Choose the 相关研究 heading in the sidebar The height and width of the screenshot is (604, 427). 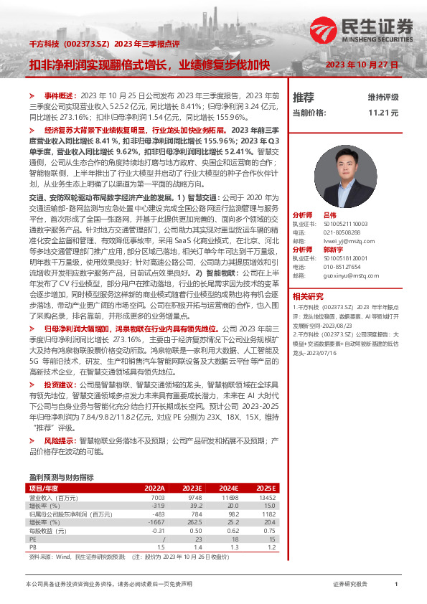pos(308,296)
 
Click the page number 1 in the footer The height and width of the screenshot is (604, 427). pos(396,585)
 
